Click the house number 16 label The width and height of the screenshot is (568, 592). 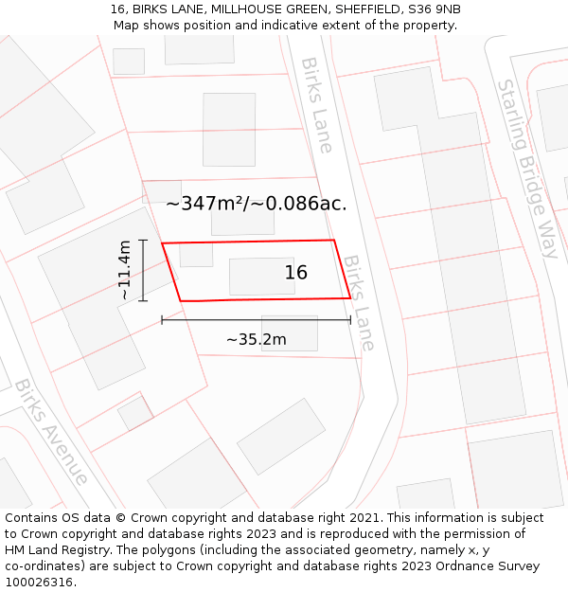(x=296, y=273)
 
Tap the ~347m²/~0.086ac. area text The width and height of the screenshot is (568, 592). (x=257, y=203)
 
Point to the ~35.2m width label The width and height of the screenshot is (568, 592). (x=256, y=339)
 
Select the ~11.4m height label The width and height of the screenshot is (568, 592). (x=124, y=271)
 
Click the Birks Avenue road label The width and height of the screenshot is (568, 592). (x=51, y=431)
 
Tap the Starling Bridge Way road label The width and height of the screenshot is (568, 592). (x=528, y=168)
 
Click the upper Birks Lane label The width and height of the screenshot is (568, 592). (x=316, y=104)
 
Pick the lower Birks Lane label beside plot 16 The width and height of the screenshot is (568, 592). (x=359, y=301)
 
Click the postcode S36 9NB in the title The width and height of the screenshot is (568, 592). (x=435, y=9)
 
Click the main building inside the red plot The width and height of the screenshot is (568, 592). (x=261, y=276)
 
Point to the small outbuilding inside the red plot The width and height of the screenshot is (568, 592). (x=196, y=255)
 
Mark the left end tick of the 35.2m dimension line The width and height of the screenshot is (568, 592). (x=162, y=320)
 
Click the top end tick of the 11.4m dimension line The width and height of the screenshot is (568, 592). (x=143, y=241)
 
